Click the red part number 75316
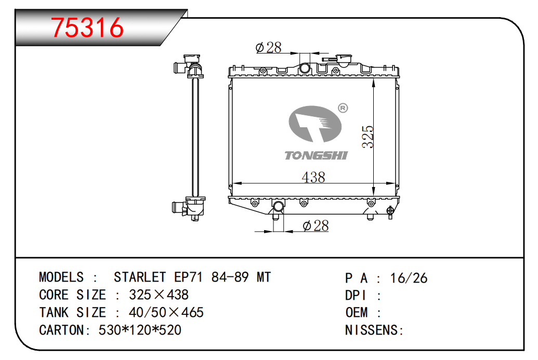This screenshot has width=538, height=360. pyautogui.click(x=87, y=28)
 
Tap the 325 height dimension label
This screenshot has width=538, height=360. pyautogui.click(x=368, y=137)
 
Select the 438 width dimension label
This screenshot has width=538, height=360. pyautogui.click(x=313, y=177)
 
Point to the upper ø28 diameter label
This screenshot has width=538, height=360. pyautogui.click(x=268, y=48)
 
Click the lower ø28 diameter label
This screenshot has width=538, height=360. pyautogui.click(x=316, y=225)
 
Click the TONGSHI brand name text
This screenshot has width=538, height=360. pyautogui.click(x=316, y=155)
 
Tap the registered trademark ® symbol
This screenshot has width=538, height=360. pyautogui.click(x=343, y=108)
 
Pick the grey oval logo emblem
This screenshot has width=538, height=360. pyautogui.click(x=315, y=124)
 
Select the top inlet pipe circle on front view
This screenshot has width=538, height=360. pyautogui.click(x=305, y=68)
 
